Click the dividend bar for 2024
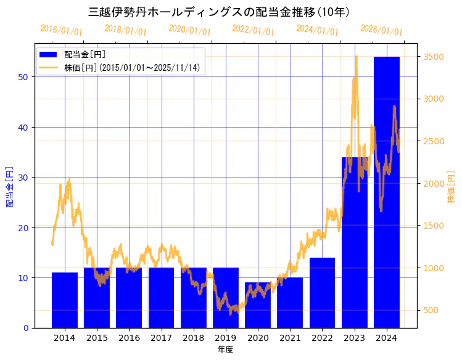tap(386, 192)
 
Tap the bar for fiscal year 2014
tap(65, 300)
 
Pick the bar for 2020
tap(258, 305)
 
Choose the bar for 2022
tap(322, 292)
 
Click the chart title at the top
tap(220, 12)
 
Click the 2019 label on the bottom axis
tap(225, 338)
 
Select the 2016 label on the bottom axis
tap(129, 338)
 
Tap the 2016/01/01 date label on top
tap(61, 30)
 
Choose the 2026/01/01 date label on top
tap(381, 30)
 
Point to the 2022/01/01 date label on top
tap(253, 30)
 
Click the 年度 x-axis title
tap(225, 350)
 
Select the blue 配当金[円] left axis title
tap(9, 186)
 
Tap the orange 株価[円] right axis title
tap(451, 188)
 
